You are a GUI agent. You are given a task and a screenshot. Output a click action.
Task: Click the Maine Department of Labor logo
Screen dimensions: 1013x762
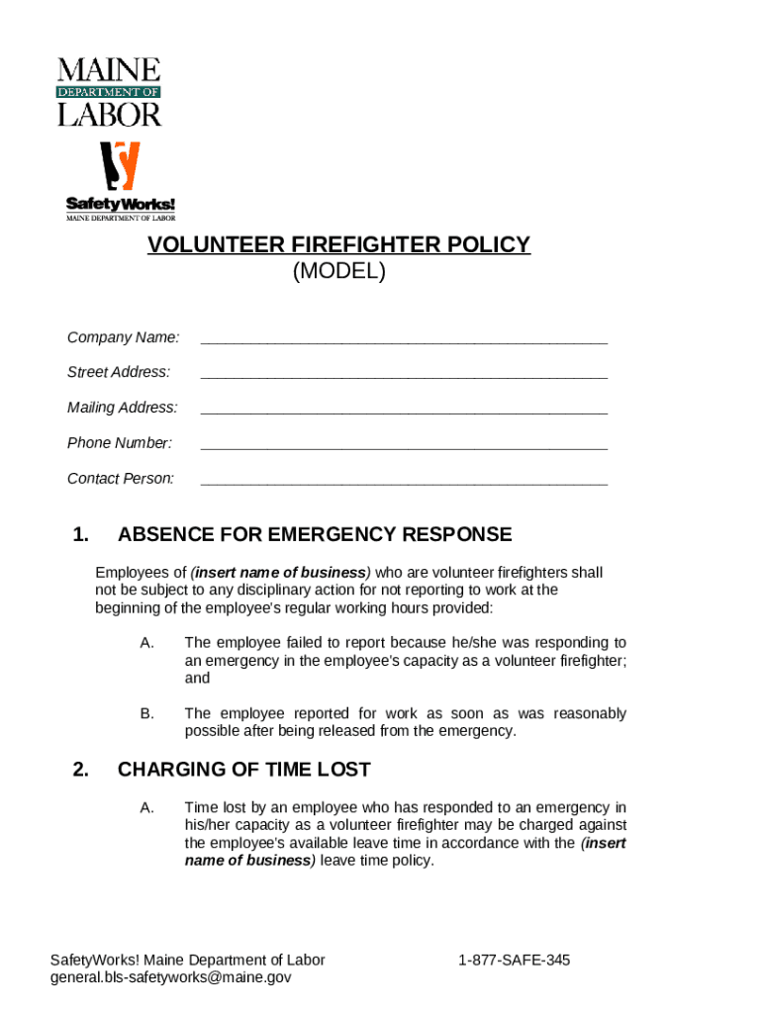tap(109, 92)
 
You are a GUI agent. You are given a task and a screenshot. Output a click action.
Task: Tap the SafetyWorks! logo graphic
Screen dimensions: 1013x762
tap(121, 181)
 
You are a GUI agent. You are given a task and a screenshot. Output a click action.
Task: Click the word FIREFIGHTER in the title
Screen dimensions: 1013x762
tap(353, 244)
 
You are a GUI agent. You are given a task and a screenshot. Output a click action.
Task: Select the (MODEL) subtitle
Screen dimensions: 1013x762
tap(338, 271)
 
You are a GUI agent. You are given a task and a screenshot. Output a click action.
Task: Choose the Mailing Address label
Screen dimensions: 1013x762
tap(123, 408)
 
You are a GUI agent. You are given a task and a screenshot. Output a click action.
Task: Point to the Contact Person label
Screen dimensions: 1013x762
tap(121, 479)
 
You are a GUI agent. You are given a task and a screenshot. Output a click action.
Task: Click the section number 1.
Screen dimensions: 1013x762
tap(81, 535)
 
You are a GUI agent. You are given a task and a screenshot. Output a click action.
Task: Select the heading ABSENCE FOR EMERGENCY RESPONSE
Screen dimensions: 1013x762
tap(315, 535)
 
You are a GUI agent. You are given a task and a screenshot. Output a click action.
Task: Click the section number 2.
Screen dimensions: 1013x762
tap(81, 770)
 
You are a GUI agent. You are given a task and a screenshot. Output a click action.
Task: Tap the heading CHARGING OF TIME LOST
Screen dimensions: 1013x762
tap(243, 770)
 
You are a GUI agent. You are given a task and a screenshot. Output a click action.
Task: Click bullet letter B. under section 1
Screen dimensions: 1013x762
tap(146, 713)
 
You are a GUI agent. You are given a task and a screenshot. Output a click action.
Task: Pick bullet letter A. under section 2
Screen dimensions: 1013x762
tap(146, 808)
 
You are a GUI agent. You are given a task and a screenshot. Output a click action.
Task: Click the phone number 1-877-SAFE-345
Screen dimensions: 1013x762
tap(514, 961)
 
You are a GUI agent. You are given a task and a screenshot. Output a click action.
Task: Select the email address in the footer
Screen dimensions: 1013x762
tap(171, 977)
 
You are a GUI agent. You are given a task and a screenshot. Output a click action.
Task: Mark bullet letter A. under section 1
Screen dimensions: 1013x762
tap(146, 643)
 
